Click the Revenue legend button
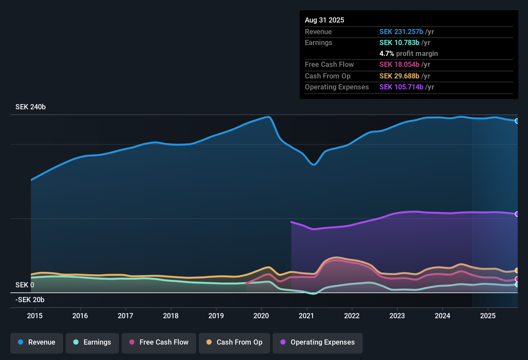click(37, 342)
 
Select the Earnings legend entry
click(92, 342)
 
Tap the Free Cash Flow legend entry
click(159, 342)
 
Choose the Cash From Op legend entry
click(234, 342)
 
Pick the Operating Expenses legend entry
click(318, 342)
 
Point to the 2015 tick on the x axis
click(35, 316)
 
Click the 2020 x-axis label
click(261, 316)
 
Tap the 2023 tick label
click(397, 316)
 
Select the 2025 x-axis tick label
click(488, 316)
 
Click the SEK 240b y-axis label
click(31, 107)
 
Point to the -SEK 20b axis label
click(30, 300)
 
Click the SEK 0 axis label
click(25, 285)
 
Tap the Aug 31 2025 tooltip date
click(324, 20)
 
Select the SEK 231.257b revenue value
click(401, 32)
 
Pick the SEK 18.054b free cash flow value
click(399, 65)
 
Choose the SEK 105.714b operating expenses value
click(401, 87)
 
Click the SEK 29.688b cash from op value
click(399, 76)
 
